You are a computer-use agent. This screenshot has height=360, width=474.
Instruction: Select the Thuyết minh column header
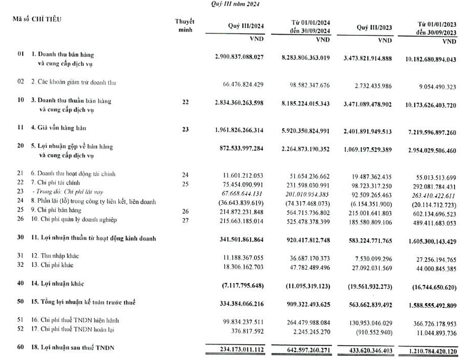185,26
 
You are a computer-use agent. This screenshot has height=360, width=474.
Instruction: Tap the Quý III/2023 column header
374,27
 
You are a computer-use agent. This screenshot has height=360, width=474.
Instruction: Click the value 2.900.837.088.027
239,57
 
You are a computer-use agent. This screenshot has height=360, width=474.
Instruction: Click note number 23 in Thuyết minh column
185,130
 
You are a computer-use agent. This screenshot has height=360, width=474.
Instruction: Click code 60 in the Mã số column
20,348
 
